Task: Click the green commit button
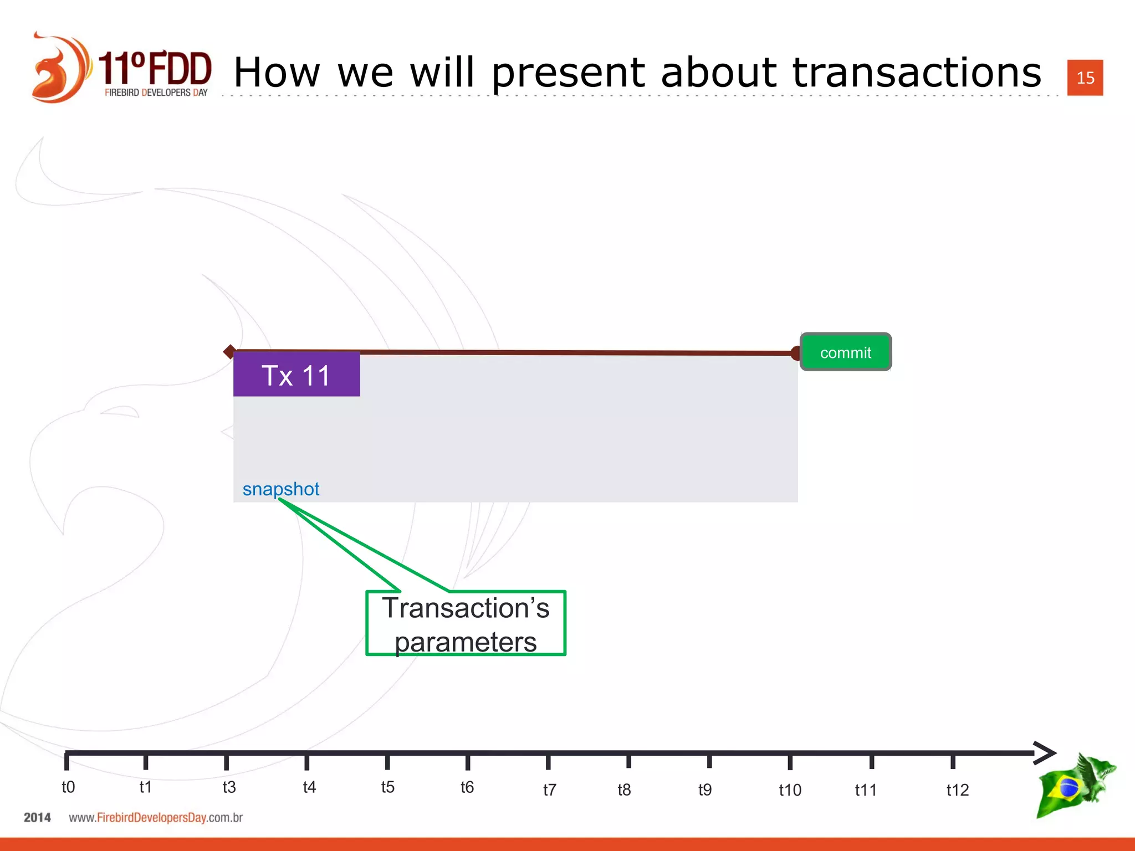tap(845, 352)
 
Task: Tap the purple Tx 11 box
tap(296, 375)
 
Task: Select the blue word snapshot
tap(281, 489)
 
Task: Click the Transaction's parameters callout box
tap(466, 624)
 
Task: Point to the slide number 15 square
tap(1085, 78)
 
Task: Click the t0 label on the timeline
tap(68, 787)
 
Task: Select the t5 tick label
tap(387, 787)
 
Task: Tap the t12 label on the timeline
tap(957, 790)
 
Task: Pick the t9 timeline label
tap(704, 790)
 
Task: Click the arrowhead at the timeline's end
tap(1045, 753)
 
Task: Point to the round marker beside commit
tap(796, 353)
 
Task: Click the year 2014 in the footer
tap(37, 818)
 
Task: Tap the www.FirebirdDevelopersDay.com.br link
tap(156, 818)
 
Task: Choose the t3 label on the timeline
tap(229, 787)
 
